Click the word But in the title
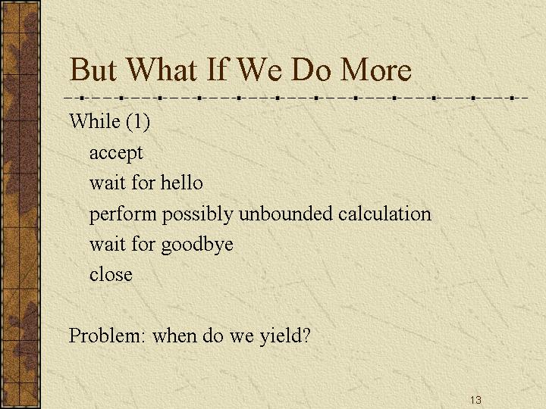[93, 70]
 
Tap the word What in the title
[161, 70]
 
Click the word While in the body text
[95, 121]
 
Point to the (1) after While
[138, 122]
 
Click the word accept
[116, 153]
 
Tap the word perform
[123, 214]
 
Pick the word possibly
[197, 214]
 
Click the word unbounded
[285, 213]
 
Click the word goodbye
[197, 245]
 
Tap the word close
[111, 274]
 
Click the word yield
[280, 336]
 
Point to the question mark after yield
[305, 336]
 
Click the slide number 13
[475, 400]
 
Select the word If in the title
[218, 70]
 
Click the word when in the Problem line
[174, 336]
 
